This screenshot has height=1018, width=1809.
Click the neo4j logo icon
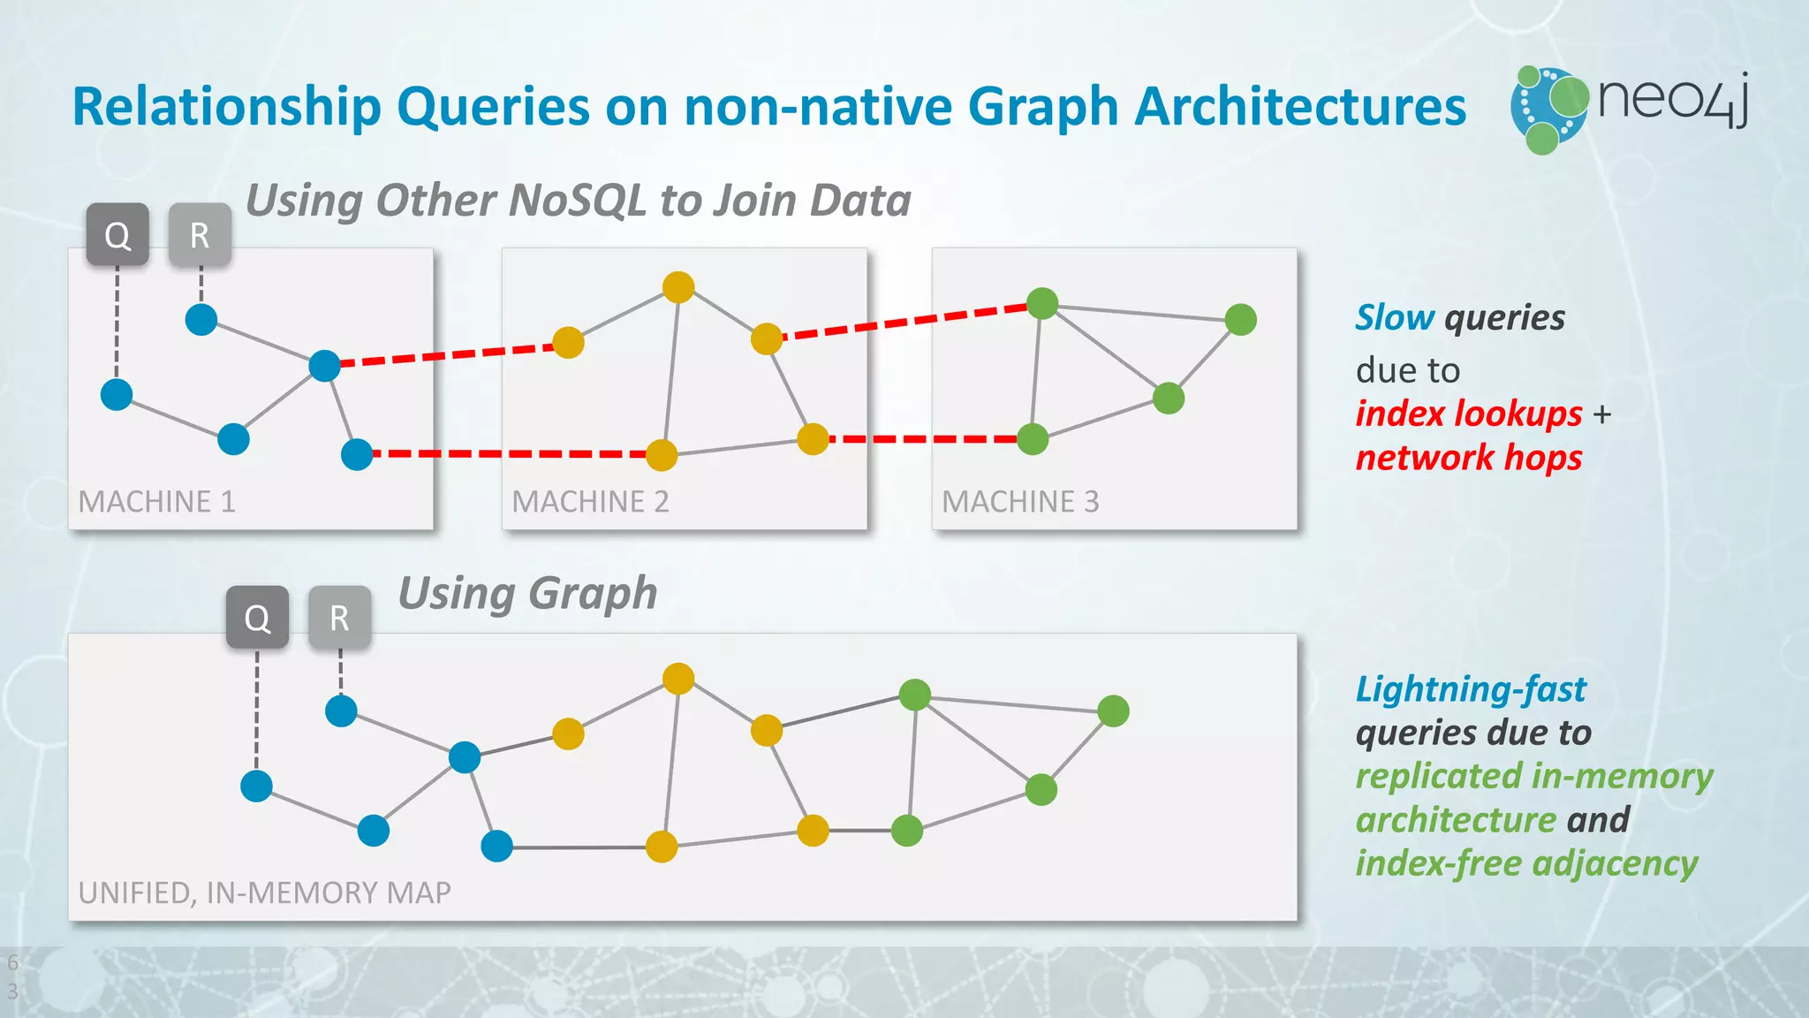tap(1548, 110)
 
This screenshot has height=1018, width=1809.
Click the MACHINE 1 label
tap(157, 502)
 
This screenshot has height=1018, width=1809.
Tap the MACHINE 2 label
tap(590, 502)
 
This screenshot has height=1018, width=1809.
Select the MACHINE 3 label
tap(1020, 502)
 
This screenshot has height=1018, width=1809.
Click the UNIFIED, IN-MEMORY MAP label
tap(264, 893)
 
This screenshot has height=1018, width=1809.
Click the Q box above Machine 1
tap(117, 235)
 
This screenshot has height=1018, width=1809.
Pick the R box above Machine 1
tap(200, 235)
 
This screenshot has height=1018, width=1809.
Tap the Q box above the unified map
tap(257, 618)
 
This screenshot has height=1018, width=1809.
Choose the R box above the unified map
tap(339, 618)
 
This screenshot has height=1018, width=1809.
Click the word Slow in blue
tap(1395, 318)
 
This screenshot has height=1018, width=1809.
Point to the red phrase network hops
tap(1468, 458)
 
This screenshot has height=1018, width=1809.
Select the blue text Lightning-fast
tap(1471, 689)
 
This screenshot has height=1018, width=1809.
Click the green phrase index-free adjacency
tap(1526, 863)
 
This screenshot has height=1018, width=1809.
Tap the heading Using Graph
tap(527, 594)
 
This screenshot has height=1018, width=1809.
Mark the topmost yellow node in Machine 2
tap(678, 287)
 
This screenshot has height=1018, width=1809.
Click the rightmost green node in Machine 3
tap(1241, 320)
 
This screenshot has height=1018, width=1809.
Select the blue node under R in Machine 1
tap(201, 320)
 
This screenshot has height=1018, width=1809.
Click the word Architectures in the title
tap(1299, 108)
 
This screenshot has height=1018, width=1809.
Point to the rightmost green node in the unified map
tap(1113, 711)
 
